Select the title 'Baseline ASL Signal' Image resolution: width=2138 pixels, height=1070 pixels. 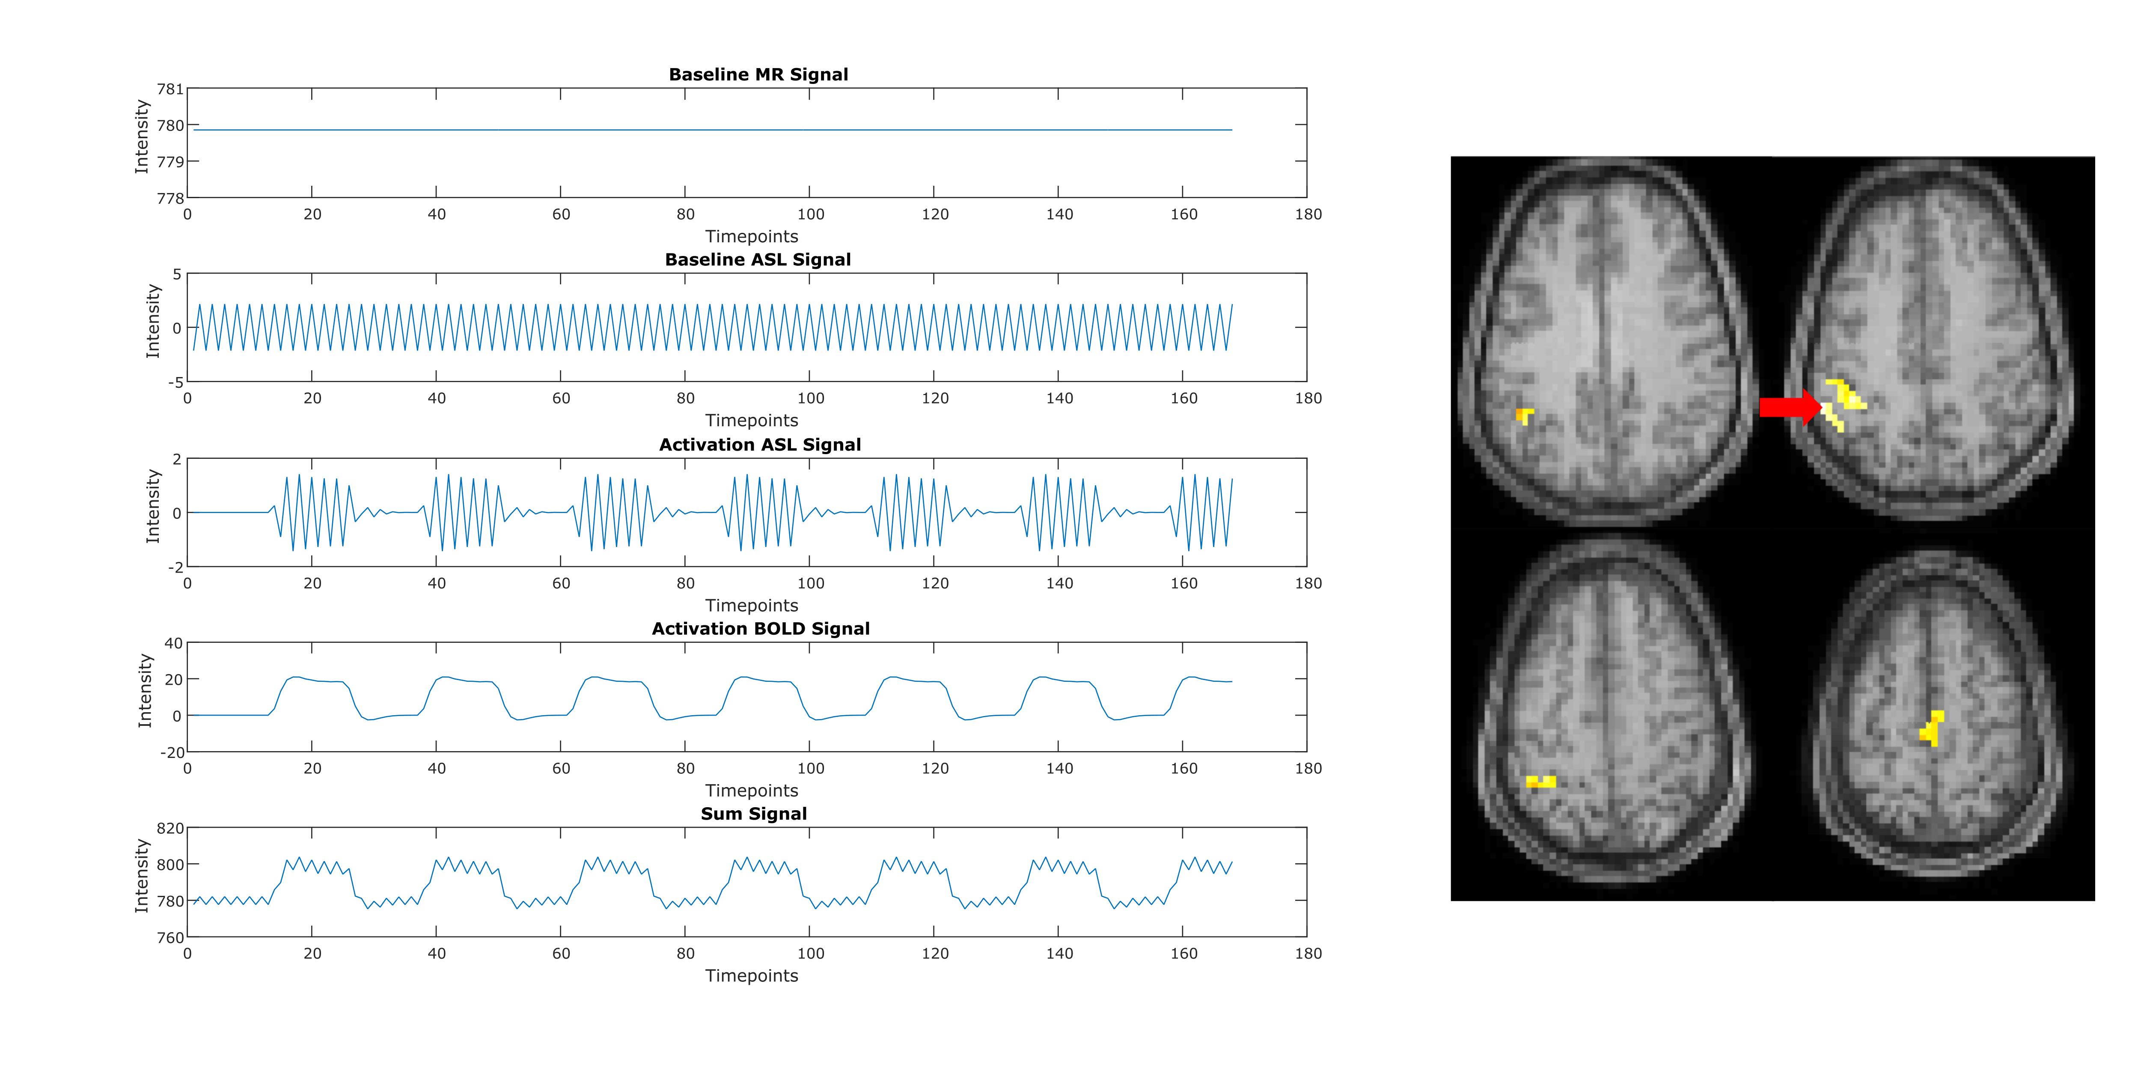[x=758, y=260]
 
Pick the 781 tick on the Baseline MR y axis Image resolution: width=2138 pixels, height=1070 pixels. [x=170, y=89]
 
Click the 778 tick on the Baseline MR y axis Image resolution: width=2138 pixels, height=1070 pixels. [x=170, y=199]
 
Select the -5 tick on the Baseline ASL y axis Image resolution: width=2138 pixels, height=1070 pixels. [x=175, y=383]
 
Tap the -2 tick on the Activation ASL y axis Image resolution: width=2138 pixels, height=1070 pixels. [x=175, y=568]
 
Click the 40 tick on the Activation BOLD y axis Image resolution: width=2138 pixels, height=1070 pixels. [x=173, y=643]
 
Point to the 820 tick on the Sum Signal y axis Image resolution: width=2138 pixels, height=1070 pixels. [x=170, y=829]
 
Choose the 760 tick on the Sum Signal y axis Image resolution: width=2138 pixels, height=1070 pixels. [x=170, y=938]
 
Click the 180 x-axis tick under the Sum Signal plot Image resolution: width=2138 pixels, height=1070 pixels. [x=1308, y=954]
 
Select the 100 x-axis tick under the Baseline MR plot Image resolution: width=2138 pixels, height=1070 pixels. [x=810, y=214]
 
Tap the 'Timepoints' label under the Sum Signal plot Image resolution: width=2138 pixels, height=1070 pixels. [x=751, y=976]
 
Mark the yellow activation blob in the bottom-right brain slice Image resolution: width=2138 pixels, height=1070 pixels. [x=1932, y=729]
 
